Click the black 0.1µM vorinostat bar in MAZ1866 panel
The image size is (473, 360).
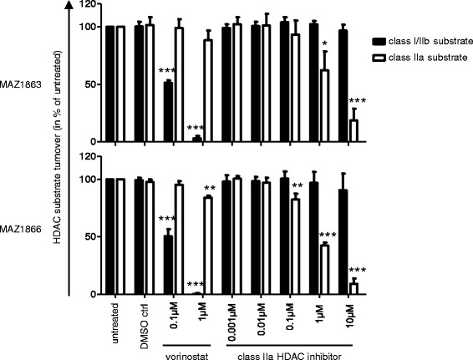coord(168,265)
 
